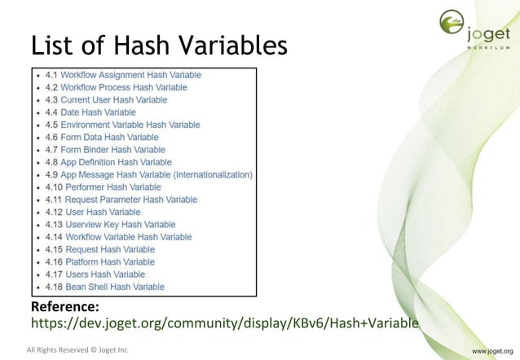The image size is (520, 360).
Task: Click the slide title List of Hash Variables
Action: click(x=159, y=46)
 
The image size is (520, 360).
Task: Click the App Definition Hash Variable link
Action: click(x=122, y=162)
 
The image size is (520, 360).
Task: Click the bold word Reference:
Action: click(x=64, y=307)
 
